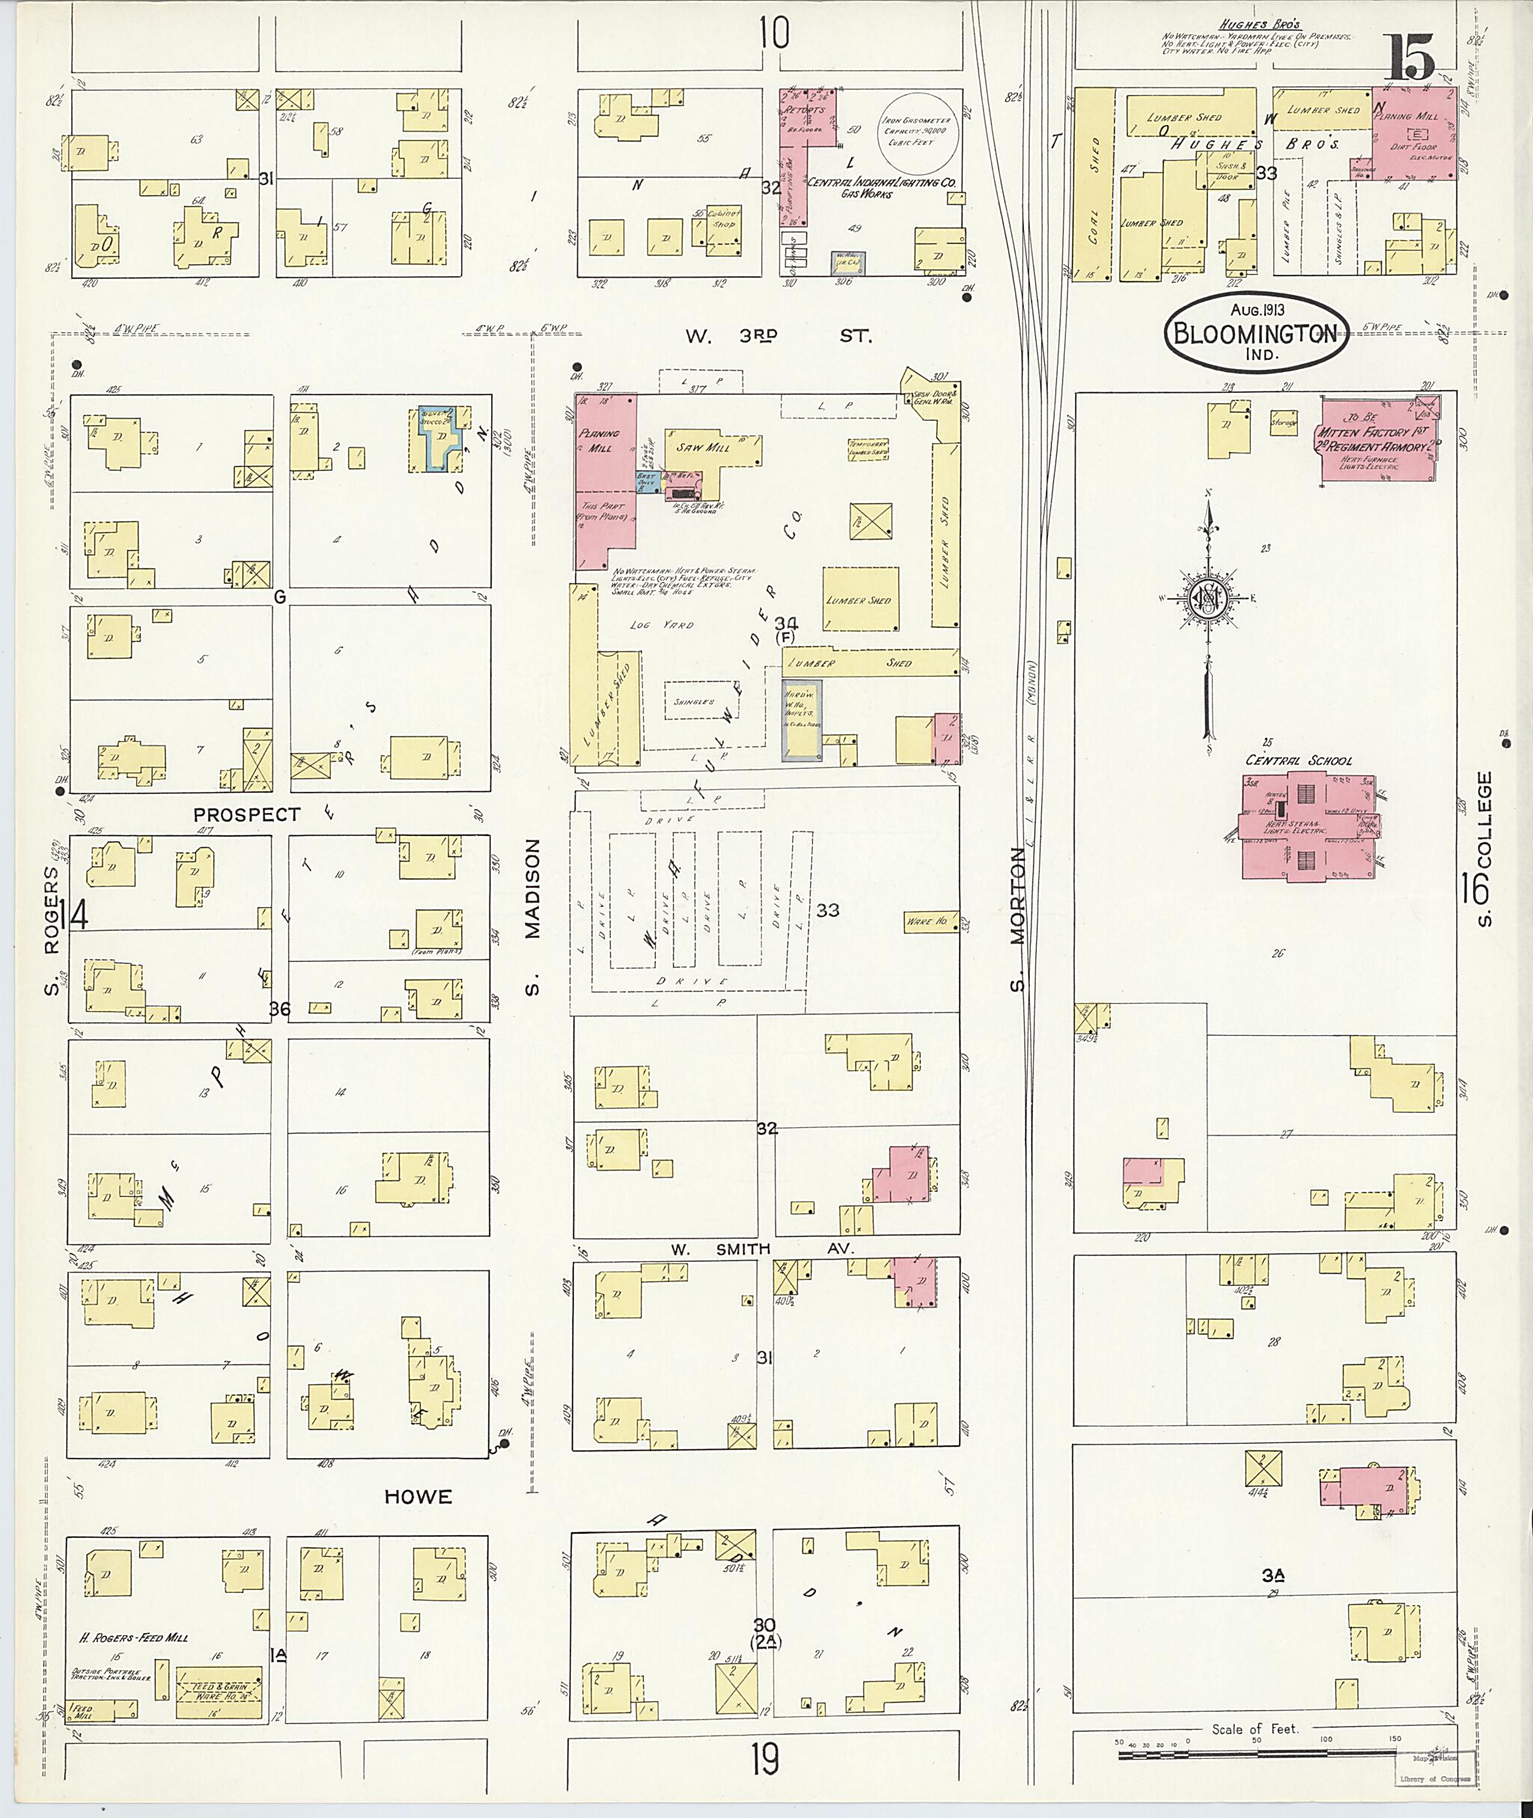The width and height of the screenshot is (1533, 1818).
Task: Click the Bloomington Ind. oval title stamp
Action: tap(1257, 331)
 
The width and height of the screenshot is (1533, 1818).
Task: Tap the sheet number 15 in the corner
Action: tap(1409, 58)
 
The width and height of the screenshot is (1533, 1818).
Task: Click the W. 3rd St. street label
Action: tap(777, 335)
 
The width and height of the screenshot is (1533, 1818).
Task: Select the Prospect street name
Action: tap(247, 814)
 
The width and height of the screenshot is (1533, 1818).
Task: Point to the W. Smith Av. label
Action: tap(762, 1248)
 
